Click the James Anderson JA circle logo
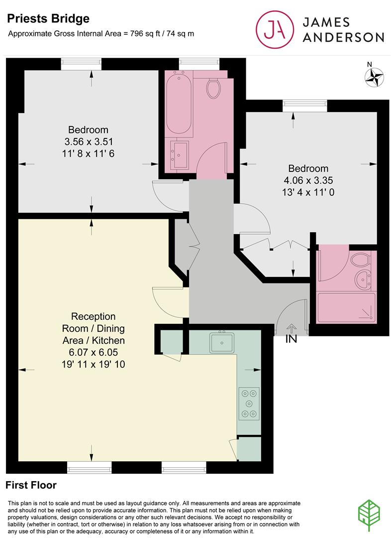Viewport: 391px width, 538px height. (x=275, y=29)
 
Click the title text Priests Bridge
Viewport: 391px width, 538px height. (x=48, y=18)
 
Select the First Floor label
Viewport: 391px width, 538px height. (x=31, y=485)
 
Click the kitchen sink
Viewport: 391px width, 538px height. (x=222, y=342)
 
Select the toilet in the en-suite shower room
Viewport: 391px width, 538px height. (x=360, y=259)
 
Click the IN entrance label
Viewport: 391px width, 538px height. (x=292, y=339)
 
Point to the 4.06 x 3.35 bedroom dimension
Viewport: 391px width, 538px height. (x=308, y=180)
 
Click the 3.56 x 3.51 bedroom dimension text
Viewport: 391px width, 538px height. (x=89, y=141)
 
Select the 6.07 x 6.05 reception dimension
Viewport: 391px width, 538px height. (x=93, y=352)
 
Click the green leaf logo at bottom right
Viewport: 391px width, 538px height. (x=369, y=516)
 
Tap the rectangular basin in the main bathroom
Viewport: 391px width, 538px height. (x=180, y=154)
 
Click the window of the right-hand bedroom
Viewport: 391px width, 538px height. (x=304, y=106)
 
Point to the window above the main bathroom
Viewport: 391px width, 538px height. (x=199, y=64)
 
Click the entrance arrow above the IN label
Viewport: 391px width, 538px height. (x=292, y=328)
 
